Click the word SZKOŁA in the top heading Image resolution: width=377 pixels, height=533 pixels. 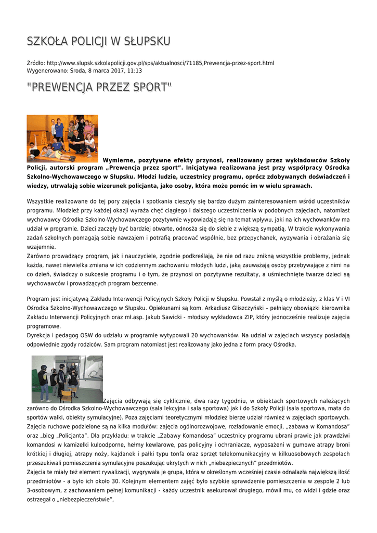pyautogui.click(x=47, y=41)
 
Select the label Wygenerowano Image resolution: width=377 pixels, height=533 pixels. pyautogui.click(x=47, y=71)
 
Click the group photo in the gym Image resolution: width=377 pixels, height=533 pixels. pyautogui.click(x=62, y=138)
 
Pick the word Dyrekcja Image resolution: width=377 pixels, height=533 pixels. pyautogui.click(x=40, y=336)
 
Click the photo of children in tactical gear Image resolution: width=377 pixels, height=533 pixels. pyautogui.click(x=67, y=379)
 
